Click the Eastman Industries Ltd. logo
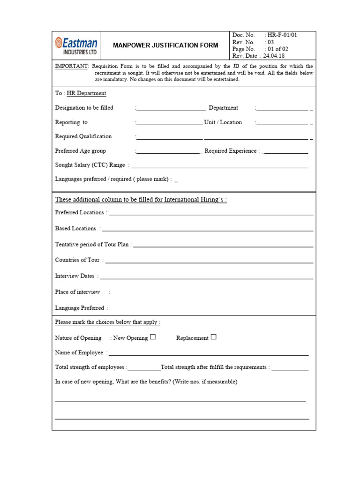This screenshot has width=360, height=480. point(76,45)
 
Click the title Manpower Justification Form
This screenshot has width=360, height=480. point(165,45)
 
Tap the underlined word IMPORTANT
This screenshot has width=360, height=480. point(71,67)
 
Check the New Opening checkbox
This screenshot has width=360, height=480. point(153,337)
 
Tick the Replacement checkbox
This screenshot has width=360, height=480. point(213,337)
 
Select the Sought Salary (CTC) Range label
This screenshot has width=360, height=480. point(90,165)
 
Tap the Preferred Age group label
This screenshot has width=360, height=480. point(81,151)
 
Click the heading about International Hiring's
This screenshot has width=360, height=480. point(141,200)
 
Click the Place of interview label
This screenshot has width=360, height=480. point(78,292)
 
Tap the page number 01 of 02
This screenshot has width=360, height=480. point(281,49)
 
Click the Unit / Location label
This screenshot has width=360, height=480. point(223,122)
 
